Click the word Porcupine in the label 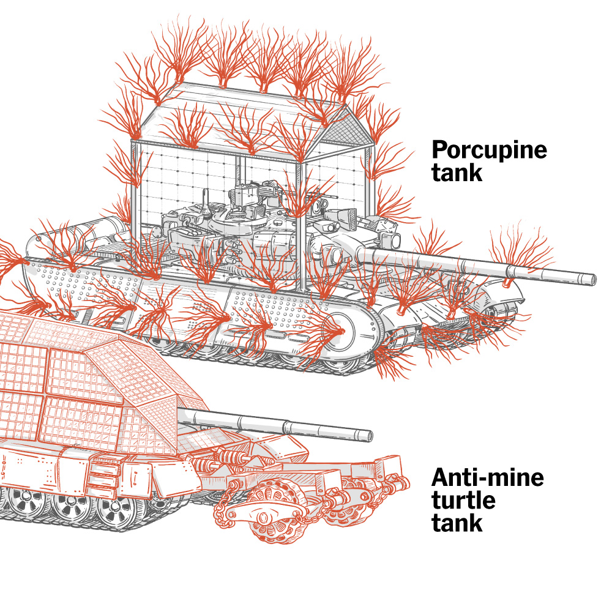click(489, 151)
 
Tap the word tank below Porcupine click(457, 173)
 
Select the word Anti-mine click(488, 477)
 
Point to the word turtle click(463, 501)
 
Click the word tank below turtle click(457, 523)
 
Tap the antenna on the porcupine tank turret click(206, 203)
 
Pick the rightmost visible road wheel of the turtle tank click(114, 509)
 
